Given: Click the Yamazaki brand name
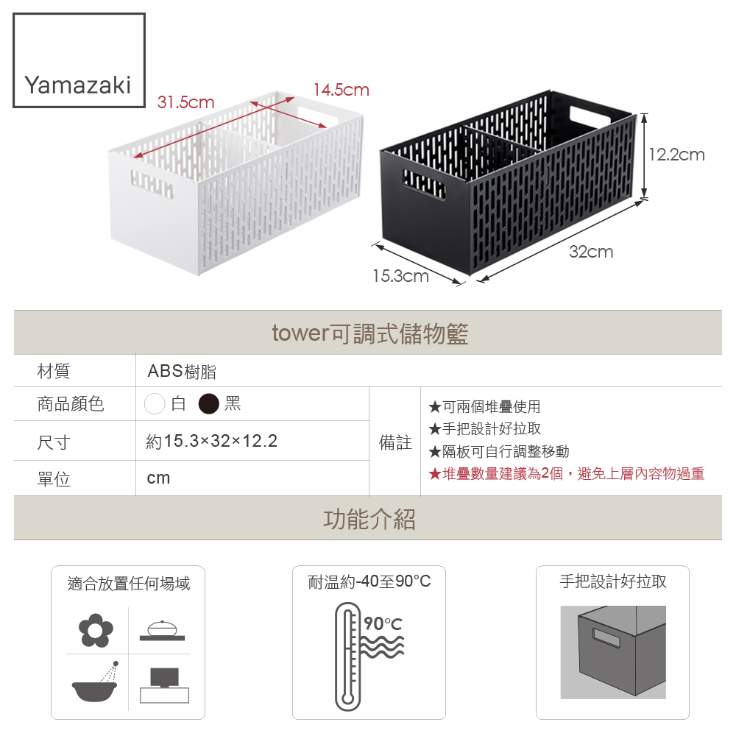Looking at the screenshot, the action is tap(77, 85).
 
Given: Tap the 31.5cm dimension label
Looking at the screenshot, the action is tap(186, 102).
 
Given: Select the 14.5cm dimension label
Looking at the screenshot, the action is tap(342, 90).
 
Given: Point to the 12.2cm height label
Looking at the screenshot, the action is tap(677, 155).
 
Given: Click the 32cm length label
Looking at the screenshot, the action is tap(591, 252).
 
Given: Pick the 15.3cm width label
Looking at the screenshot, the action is tap(401, 276).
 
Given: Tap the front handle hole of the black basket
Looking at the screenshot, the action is tap(424, 183).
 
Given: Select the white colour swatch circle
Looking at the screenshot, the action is tap(155, 403).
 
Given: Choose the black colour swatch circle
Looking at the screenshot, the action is tap(209, 403).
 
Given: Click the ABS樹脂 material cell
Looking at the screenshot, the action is tap(182, 371).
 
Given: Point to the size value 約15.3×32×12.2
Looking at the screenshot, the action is tap(212, 441).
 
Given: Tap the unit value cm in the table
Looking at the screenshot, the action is tap(158, 478).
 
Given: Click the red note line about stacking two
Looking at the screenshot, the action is tap(567, 473).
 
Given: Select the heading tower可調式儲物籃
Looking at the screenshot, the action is tap(370, 333).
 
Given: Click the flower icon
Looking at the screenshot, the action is tap(96, 631).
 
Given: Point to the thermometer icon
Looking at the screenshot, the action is tap(348, 657).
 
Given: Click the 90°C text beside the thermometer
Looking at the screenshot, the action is tap(383, 623).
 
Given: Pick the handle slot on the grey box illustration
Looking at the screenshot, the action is tap(606, 637).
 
